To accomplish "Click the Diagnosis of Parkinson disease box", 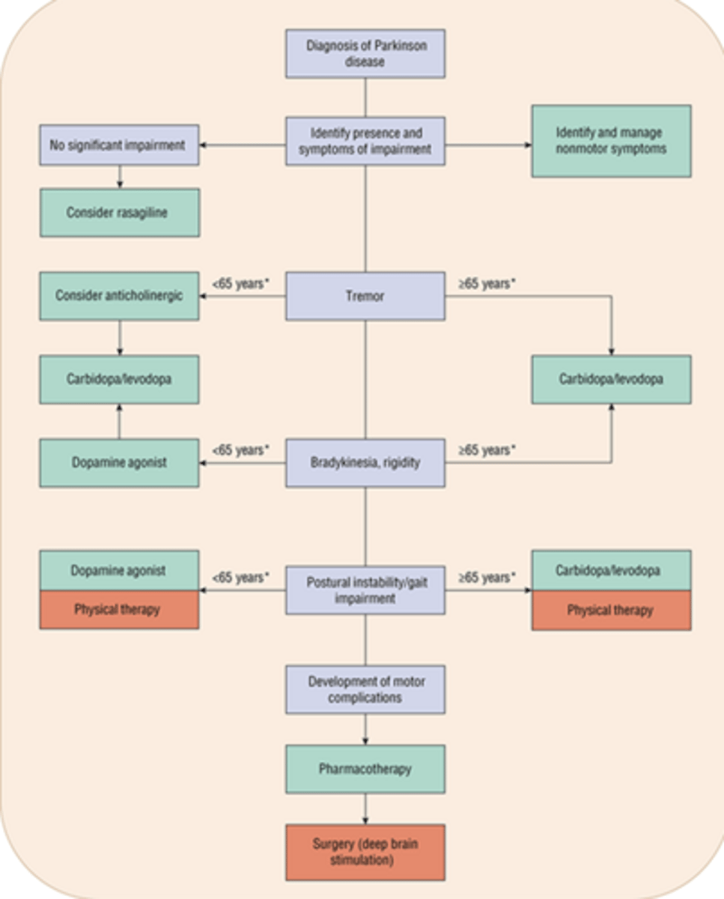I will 365,53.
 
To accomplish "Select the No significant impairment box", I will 119,145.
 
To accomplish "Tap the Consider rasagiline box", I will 119,213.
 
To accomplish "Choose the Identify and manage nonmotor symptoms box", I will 611,141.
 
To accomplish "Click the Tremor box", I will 365,296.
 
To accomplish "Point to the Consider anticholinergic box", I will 119,296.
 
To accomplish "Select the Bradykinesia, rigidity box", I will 365,462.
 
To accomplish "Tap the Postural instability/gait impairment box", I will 365,590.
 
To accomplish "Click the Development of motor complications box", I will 365,689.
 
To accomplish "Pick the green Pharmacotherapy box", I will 365,769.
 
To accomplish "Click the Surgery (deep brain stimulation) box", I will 365,853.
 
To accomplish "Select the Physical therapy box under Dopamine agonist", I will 119,610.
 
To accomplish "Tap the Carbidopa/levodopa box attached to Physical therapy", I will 611,570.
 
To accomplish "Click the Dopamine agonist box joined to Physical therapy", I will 119,570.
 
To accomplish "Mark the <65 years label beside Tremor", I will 240,285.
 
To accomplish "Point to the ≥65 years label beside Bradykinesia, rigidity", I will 487,450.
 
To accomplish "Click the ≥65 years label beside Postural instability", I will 487,578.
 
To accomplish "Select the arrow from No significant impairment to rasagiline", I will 120,177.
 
